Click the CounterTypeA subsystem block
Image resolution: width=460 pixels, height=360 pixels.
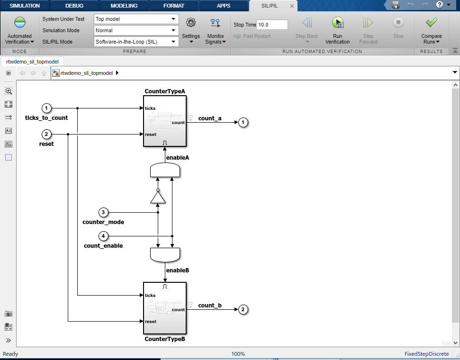[164, 121]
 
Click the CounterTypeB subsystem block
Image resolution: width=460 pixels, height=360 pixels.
[164, 308]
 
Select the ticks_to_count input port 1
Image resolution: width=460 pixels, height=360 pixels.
[46, 108]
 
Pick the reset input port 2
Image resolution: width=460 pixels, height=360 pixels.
[46, 135]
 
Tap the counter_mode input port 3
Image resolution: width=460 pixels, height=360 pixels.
[104, 212]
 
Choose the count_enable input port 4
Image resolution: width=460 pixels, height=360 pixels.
[104, 235]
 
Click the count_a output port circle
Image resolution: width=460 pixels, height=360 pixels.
[243, 122]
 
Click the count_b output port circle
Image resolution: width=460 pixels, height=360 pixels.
[243, 310]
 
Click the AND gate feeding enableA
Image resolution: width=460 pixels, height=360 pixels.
[165, 171]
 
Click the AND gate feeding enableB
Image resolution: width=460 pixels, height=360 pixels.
[165, 255]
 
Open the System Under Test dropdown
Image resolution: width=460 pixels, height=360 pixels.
[136, 19]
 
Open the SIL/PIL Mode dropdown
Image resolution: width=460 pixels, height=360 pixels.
[136, 42]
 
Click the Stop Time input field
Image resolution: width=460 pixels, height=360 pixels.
[272, 25]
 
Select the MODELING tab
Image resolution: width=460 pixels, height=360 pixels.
[124, 6]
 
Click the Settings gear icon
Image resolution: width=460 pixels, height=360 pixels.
[191, 23]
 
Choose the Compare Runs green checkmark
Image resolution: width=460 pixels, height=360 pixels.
[431, 23]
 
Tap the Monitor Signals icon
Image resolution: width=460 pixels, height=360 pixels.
[216, 23]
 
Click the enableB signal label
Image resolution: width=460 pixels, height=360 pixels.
[178, 270]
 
